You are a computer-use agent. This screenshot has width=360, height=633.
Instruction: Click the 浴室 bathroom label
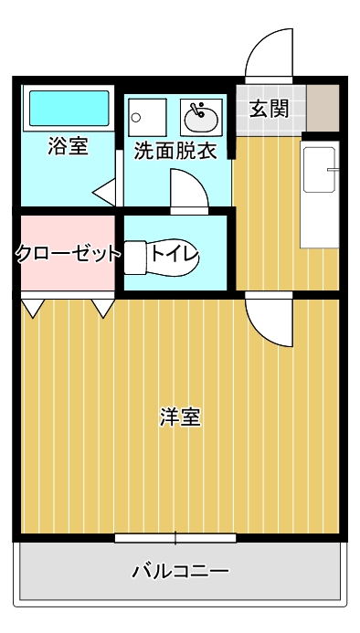coord(68,146)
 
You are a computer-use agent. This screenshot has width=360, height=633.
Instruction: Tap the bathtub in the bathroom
coord(69,108)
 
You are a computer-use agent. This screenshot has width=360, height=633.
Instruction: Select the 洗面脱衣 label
coord(175,151)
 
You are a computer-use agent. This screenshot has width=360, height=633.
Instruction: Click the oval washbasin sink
coord(201,118)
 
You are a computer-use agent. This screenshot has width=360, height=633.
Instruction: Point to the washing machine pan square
coord(147,118)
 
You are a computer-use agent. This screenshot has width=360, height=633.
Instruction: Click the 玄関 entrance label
coord(270,109)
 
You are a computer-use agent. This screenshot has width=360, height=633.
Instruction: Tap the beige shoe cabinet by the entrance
coord(323,108)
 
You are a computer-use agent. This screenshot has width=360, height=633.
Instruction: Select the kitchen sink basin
coord(319,170)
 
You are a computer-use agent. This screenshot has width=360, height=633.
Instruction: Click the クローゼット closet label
coord(69,254)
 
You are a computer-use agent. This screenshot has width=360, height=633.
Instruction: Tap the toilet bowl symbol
coord(162,258)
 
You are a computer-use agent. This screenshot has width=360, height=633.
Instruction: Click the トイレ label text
coord(175,255)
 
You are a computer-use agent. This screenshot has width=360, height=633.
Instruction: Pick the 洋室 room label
coord(180,417)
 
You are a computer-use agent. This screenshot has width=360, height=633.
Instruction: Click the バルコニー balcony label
coord(181,571)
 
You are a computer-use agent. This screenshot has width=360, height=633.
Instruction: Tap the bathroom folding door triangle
coord(104,192)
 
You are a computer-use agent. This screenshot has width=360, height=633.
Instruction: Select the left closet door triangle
coord(33,309)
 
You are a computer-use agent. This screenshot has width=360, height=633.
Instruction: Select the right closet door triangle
coord(103,309)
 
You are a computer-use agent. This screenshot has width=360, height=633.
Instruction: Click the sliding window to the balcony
coord(175,538)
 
